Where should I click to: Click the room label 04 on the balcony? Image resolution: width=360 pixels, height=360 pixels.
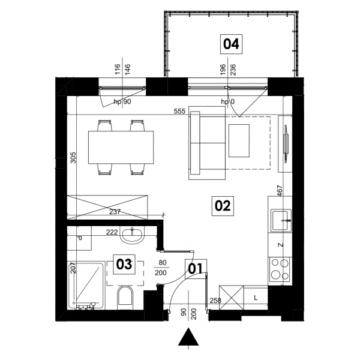pyautogui.click(x=231, y=44)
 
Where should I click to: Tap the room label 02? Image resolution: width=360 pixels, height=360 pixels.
pyautogui.click(x=223, y=206)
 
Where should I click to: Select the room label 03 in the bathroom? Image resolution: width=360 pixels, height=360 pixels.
pyautogui.click(x=124, y=264)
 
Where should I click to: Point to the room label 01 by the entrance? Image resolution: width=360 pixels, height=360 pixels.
pyautogui.click(x=196, y=269)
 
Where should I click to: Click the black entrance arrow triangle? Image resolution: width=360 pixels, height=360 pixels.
pyautogui.click(x=188, y=337)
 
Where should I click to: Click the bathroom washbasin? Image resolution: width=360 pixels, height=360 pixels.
pyautogui.click(x=132, y=235)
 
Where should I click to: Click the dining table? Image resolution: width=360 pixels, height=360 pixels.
pyautogui.click(x=121, y=148)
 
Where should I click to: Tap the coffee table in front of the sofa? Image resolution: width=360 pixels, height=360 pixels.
pyautogui.click(x=239, y=141)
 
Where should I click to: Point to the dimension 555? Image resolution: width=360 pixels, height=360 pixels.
pyautogui.click(x=179, y=112)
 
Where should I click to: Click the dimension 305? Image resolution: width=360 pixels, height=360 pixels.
pyautogui.click(x=73, y=157)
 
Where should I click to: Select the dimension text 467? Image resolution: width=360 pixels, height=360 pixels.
pyautogui.click(x=280, y=191)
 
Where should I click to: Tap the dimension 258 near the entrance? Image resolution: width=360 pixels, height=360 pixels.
pyautogui.click(x=215, y=301)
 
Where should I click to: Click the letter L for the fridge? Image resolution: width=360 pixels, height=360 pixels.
pyautogui.click(x=256, y=298)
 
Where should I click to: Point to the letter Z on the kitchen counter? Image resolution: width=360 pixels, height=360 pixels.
pyautogui.click(x=281, y=245)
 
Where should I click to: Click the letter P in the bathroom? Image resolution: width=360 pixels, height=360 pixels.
pyautogui.click(x=79, y=239)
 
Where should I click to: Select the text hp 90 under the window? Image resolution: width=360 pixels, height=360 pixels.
pyautogui.click(x=122, y=101)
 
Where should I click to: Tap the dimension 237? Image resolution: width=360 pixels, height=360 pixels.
pyautogui.click(x=115, y=212)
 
